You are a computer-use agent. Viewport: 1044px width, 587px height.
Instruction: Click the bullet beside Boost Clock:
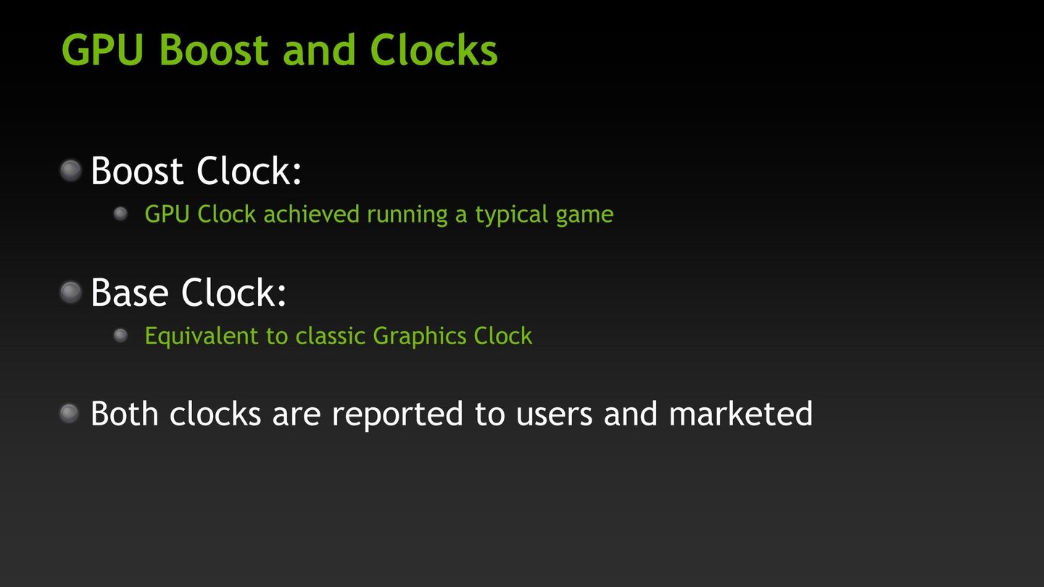(70, 171)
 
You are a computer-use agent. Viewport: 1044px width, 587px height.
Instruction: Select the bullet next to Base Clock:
(70, 293)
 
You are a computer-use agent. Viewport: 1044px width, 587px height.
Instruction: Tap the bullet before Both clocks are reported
(69, 414)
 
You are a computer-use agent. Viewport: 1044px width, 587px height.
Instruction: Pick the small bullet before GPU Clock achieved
(120, 214)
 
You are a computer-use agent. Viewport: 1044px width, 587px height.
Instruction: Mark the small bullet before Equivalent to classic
(120, 336)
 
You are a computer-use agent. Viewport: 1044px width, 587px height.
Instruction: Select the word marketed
(740, 414)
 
